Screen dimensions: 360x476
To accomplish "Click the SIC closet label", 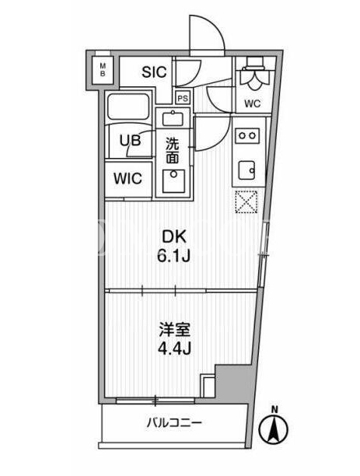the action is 155,72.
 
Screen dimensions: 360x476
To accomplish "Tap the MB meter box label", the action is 103,69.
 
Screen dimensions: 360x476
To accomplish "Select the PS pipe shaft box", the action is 183,98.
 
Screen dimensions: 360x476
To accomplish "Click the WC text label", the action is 253,103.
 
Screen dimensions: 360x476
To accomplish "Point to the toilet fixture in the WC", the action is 254,73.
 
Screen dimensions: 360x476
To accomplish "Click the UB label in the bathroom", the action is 130,141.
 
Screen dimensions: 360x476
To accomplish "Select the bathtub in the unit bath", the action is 128,107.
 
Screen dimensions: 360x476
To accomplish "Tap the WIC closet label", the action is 128,178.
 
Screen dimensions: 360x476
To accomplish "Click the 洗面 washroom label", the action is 172,151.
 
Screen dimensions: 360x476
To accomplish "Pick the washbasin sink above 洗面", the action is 174,118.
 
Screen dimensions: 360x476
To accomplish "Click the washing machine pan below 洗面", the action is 173,181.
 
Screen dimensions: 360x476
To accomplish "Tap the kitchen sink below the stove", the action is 246,170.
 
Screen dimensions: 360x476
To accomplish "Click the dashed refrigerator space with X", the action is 246,202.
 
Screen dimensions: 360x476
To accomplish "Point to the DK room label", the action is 174,237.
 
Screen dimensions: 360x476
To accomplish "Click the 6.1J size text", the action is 173,257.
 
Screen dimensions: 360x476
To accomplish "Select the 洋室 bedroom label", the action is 175,331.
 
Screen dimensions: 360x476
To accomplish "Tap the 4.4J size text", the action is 174,349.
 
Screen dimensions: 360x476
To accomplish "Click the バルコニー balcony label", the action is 174,422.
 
